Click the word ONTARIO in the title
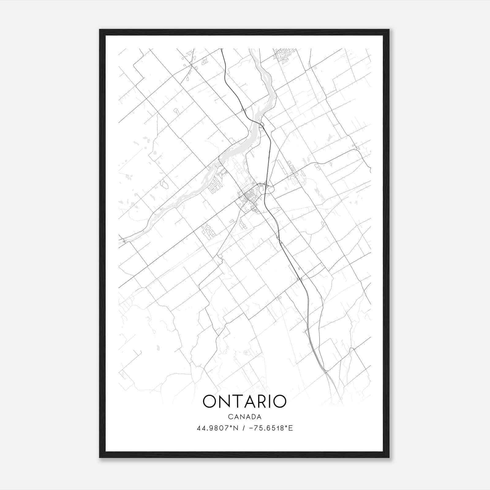[244, 401]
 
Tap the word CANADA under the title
[244, 417]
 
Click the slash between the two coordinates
[244, 428]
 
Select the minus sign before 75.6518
[251, 428]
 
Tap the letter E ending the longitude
[291, 428]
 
